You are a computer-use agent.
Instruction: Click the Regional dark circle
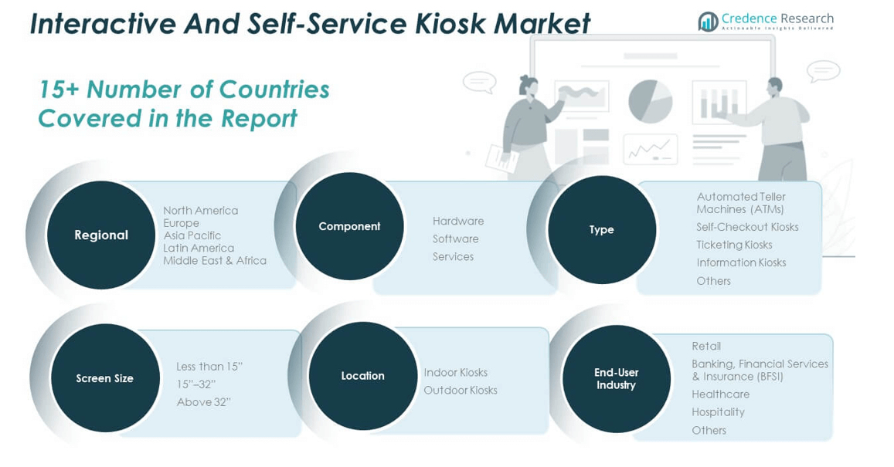pyautogui.click(x=101, y=235)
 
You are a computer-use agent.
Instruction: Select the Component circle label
pyautogui.click(x=349, y=226)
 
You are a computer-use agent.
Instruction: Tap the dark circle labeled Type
pyautogui.click(x=601, y=229)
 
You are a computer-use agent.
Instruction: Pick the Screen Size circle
pyautogui.click(x=104, y=378)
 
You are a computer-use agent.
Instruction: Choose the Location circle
pyautogui.click(x=362, y=376)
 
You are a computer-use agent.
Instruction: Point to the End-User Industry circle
pyautogui.click(x=616, y=379)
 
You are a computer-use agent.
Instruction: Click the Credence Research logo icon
pyautogui.click(x=708, y=22)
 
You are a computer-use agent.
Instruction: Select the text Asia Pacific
pyautogui.click(x=192, y=235)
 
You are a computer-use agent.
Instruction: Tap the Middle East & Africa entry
pyautogui.click(x=214, y=260)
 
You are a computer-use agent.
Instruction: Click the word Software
pyautogui.click(x=455, y=239)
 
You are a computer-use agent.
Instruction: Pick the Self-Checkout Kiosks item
pyautogui.click(x=746, y=227)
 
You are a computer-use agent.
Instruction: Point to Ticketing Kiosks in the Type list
pyautogui.click(x=733, y=245)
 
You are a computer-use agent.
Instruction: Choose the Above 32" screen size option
pyautogui.click(x=203, y=402)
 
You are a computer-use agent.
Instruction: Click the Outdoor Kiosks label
pyautogui.click(x=460, y=391)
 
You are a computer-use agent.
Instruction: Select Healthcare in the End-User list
pyautogui.click(x=720, y=394)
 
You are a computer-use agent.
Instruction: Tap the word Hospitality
pyautogui.click(x=718, y=412)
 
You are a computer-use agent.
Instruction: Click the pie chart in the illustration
pyautogui.click(x=650, y=101)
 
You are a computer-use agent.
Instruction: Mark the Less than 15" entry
pyautogui.click(x=209, y=367)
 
